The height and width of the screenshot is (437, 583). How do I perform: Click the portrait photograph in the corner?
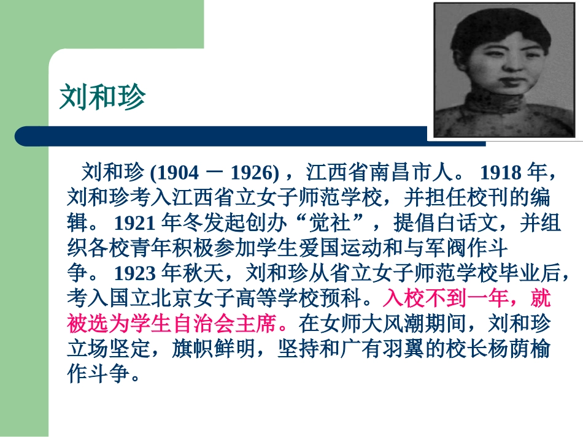[x=504, y=70]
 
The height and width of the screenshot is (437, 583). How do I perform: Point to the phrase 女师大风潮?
[x=382, y=324]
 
